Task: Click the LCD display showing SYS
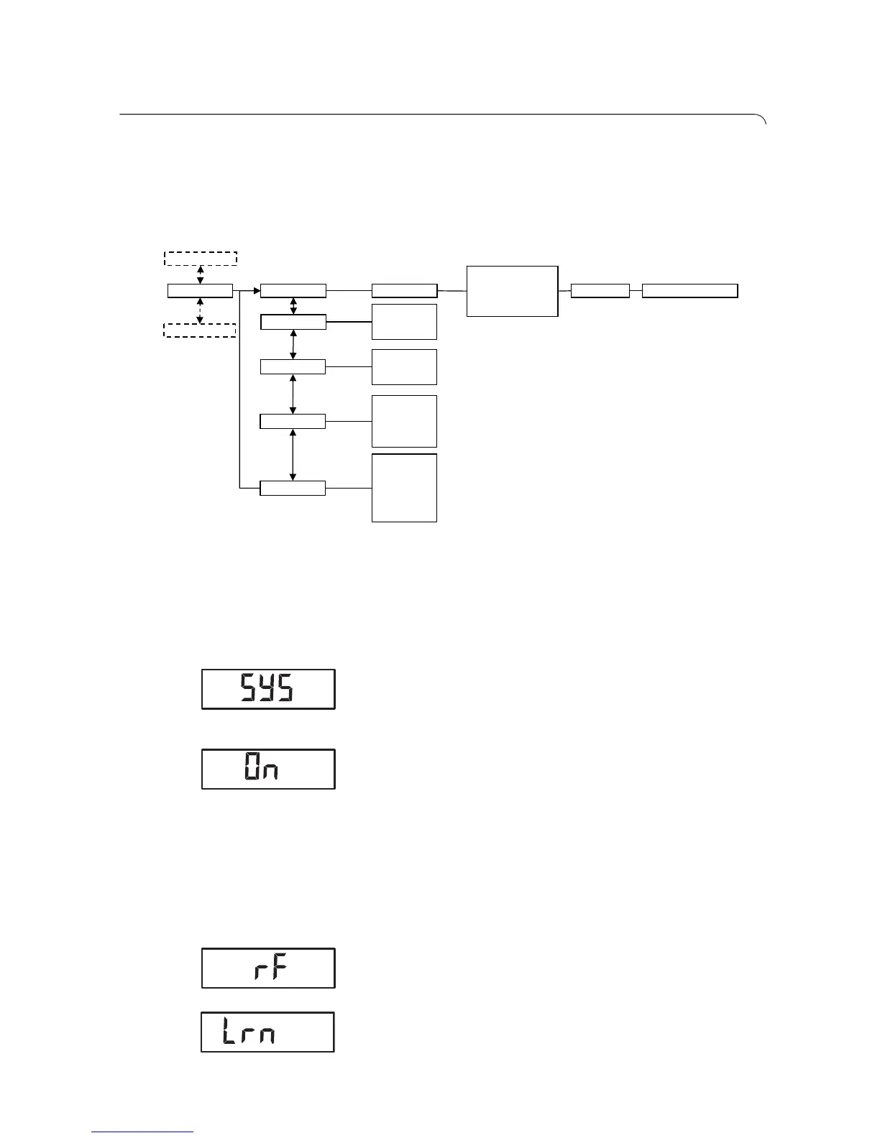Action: [268, 689]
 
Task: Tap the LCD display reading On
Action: [268, 769]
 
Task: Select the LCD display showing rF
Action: [268, 968]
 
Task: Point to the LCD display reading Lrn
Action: [267, 1032]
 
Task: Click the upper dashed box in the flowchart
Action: [200, 258]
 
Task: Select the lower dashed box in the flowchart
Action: [200, 330]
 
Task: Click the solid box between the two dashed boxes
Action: [200, 290]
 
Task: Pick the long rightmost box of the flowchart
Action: [689, 290]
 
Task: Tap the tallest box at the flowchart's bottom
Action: [404, 487]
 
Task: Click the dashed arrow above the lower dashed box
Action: [200, 310]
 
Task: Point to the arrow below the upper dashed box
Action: [200, 274]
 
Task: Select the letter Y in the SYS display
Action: [267, 690]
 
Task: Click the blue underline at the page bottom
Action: [142, 1132]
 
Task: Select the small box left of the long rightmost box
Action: [600, 290]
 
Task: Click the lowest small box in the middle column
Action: [292, 488]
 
